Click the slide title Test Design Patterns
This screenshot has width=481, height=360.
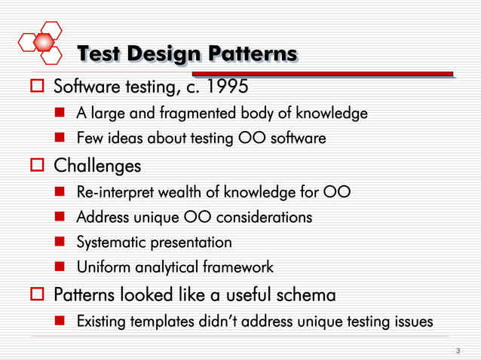(x=187, y=54)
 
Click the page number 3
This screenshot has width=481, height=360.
(x=458, y=351)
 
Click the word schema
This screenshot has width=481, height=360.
(x=298, y=294)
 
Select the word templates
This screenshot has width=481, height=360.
(x=167, y=322)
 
